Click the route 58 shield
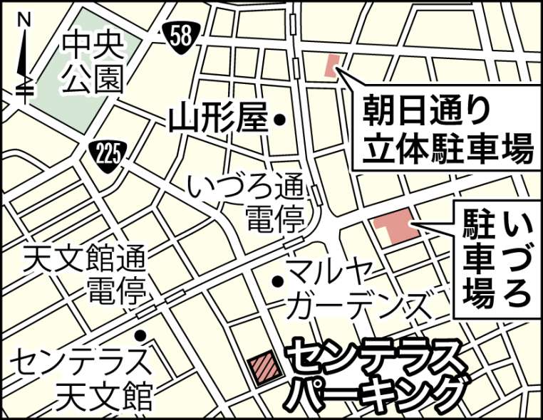click(182, 36)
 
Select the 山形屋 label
click(218, 120)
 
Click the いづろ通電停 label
click(247, 202)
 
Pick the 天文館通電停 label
click(84, 274)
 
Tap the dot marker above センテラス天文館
click(141, 335)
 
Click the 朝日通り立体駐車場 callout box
click(445, 130)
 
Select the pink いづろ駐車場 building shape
click(394, 228)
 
